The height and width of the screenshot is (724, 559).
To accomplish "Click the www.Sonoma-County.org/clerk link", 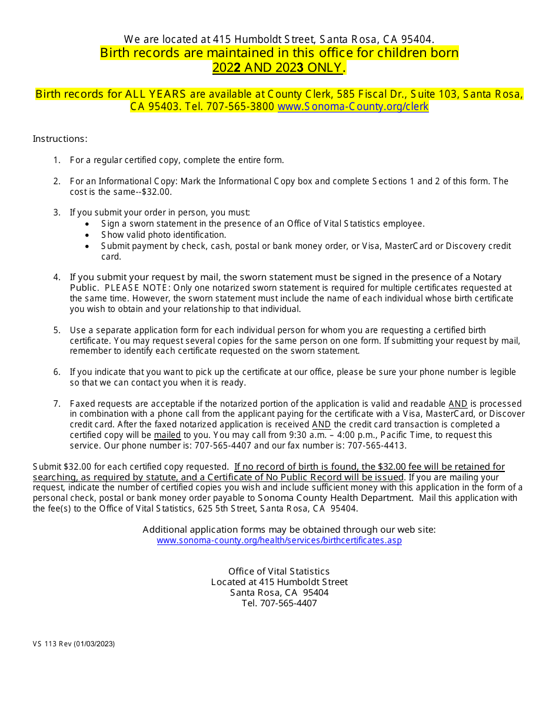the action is pyautogui.click(x=352, y=107).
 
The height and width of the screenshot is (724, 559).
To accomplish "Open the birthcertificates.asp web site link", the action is pyautogui.click(x=279, y=540).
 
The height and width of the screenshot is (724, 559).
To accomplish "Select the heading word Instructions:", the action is pyautogui.click(x=60, y=139).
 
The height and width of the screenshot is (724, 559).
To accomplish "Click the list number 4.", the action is pyautogui.click(x=57, y=277).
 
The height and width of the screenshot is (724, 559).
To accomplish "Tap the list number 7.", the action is pyautogui.click(x=57, y=404).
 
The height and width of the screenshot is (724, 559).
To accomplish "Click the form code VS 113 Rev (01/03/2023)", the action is pyautogui.click(x=74, y=643).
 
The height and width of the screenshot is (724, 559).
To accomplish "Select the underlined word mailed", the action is pyautogui.click(x=167, y=435).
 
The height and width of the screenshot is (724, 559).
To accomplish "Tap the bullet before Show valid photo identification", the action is pyautogui.click(x=88, y=235).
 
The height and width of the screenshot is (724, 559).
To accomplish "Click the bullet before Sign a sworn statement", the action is pyautogui.click(x=88, y=224).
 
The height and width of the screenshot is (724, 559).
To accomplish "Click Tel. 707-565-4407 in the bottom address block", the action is pyautogui.click(x=279, y=603).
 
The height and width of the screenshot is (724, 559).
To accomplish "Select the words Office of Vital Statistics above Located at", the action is pyautogui.click(x=279, y=571).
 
